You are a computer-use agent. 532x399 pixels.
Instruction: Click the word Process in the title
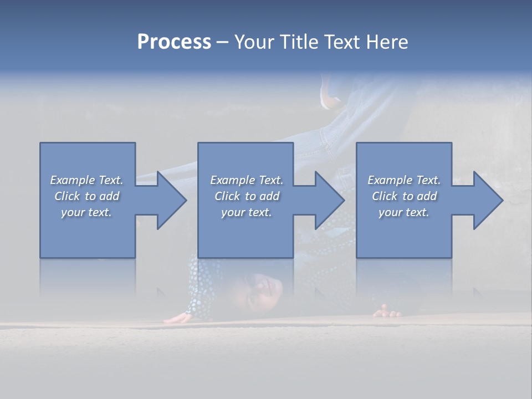click(174, 42)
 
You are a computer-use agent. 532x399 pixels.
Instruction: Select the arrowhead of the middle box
click(329, 200)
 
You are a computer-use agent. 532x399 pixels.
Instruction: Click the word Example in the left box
click(72, 180)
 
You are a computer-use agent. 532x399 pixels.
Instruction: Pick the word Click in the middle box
click(227, 196)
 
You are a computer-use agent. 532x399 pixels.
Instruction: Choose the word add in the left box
click(109, 196)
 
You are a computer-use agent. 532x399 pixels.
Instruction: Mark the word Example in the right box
click(390, 180)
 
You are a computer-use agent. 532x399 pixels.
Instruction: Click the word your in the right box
click(390, 212)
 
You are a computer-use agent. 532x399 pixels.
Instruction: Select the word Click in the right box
click(385, 196)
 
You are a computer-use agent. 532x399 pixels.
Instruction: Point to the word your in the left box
click(73, 212)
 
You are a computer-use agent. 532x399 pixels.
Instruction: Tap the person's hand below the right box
click(387, 312)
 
